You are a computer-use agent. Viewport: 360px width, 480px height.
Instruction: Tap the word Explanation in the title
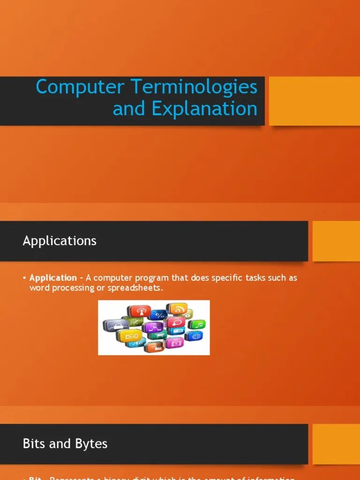(204, 109)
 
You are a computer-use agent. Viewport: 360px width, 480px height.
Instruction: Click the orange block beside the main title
(314, 101)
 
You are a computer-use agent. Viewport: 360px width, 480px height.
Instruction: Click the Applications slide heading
(60, 241)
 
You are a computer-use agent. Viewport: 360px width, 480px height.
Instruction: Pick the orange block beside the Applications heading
(336, 241)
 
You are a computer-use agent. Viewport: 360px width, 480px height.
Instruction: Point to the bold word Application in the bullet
(53, 278)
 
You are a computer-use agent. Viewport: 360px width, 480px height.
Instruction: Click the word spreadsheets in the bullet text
(134, 288)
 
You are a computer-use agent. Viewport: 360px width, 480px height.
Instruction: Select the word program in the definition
(151, 278)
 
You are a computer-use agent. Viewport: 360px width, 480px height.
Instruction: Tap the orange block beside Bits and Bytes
(336, 444)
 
